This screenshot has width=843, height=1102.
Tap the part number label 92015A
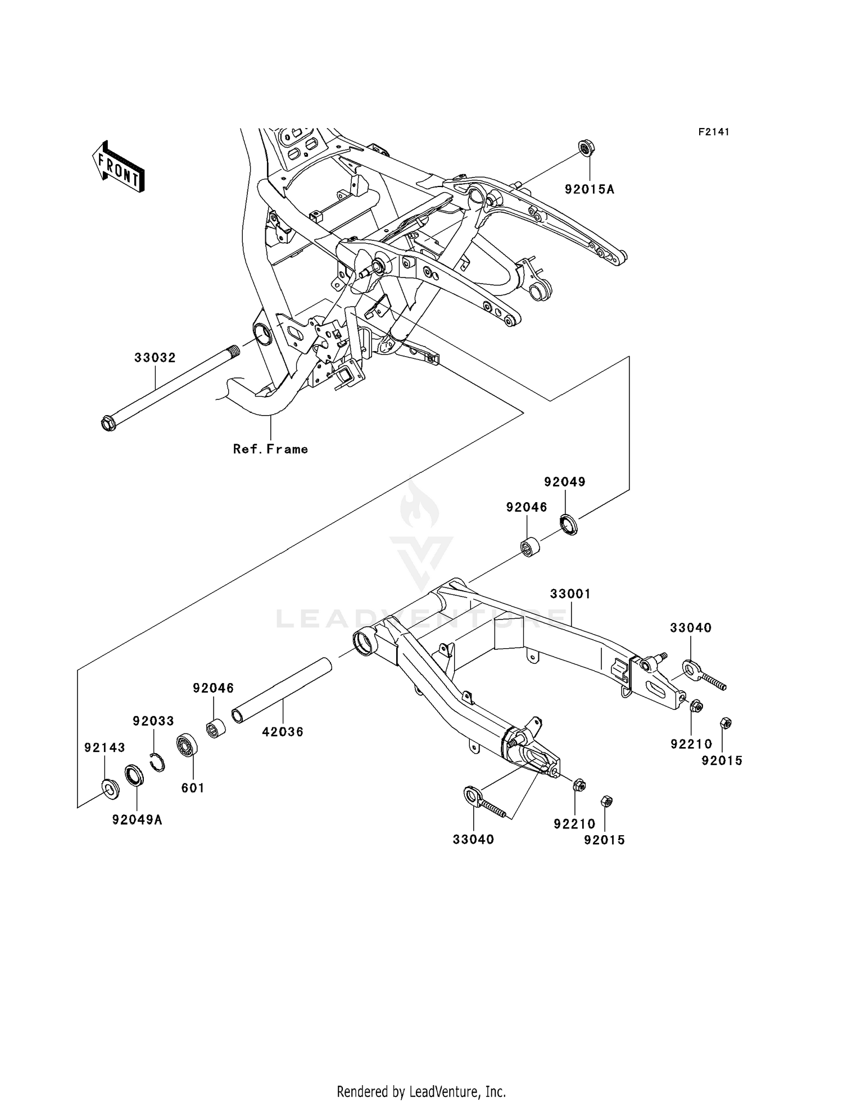(590, 190)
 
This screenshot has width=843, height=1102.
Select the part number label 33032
(155, 358)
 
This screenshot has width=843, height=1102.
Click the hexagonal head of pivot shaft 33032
(107, 422)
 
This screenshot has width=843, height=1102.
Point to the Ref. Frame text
(270, 449)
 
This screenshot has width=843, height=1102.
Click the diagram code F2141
(714, 132)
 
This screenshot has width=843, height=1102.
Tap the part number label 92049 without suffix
(565, 482)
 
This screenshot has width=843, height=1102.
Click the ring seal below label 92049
(569, 524)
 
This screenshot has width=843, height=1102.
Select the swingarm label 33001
(570, 594)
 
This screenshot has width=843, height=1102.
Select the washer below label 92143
(110, 789)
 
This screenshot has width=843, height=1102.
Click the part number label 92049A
(138, 820)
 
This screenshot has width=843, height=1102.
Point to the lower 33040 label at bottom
(474, 839)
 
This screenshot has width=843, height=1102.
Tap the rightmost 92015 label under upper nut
(722, 761)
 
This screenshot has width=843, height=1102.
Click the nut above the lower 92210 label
(581, 786)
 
